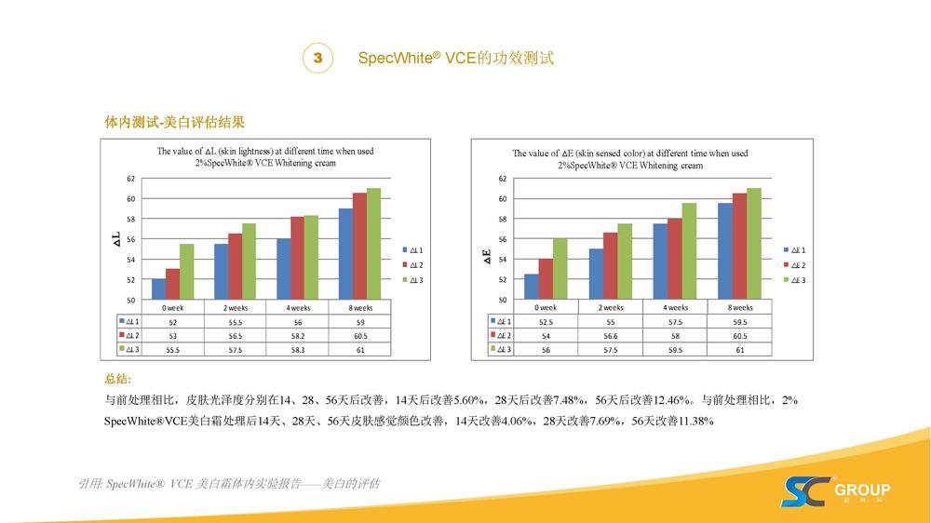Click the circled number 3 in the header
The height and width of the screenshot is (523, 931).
click(318, 58)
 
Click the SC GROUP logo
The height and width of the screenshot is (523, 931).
click(835, 490)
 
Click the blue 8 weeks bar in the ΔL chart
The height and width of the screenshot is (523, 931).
click(344, 254)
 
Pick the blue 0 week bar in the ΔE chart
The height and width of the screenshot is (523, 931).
click(531, 287)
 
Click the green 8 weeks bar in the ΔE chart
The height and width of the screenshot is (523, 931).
click(754, 244)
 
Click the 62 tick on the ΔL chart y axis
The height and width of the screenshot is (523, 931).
click(131, 178)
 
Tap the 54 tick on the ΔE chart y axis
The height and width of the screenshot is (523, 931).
click(502, 260)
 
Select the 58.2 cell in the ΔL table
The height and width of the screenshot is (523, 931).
click(298, 335)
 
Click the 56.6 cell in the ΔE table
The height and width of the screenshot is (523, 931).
click(610, 335)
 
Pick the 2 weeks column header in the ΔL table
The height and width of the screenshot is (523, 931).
click(235, 307)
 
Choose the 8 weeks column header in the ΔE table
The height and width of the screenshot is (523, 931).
click(740, 307)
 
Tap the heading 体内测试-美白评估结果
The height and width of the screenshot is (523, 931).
click(174, 123)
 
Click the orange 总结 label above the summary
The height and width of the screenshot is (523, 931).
click(118, 379)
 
